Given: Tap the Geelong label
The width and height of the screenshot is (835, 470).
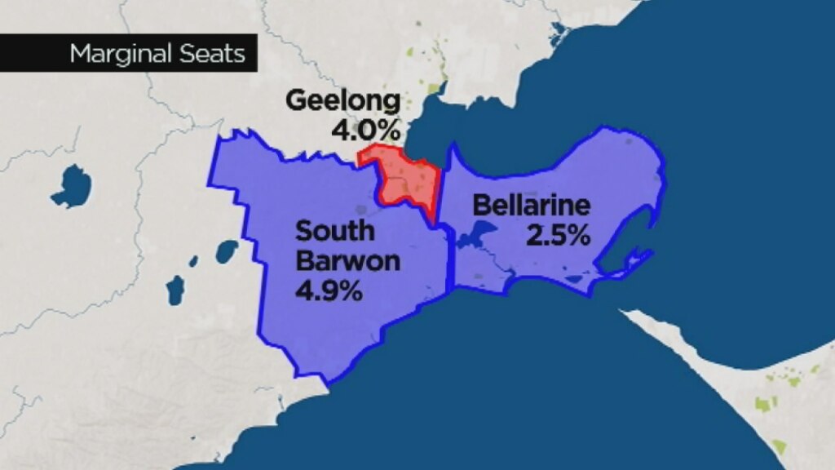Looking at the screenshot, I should pos(343,102).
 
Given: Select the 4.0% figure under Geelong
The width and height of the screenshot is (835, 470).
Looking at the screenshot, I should pos(366,129).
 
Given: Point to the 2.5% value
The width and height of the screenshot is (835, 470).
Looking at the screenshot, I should pos(558,236).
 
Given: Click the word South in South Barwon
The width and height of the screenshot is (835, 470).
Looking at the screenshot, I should pos(335,231).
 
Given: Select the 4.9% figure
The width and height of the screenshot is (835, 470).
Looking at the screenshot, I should pos(329,290).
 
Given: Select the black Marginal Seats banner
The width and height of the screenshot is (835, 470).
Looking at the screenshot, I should pos(128,54).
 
